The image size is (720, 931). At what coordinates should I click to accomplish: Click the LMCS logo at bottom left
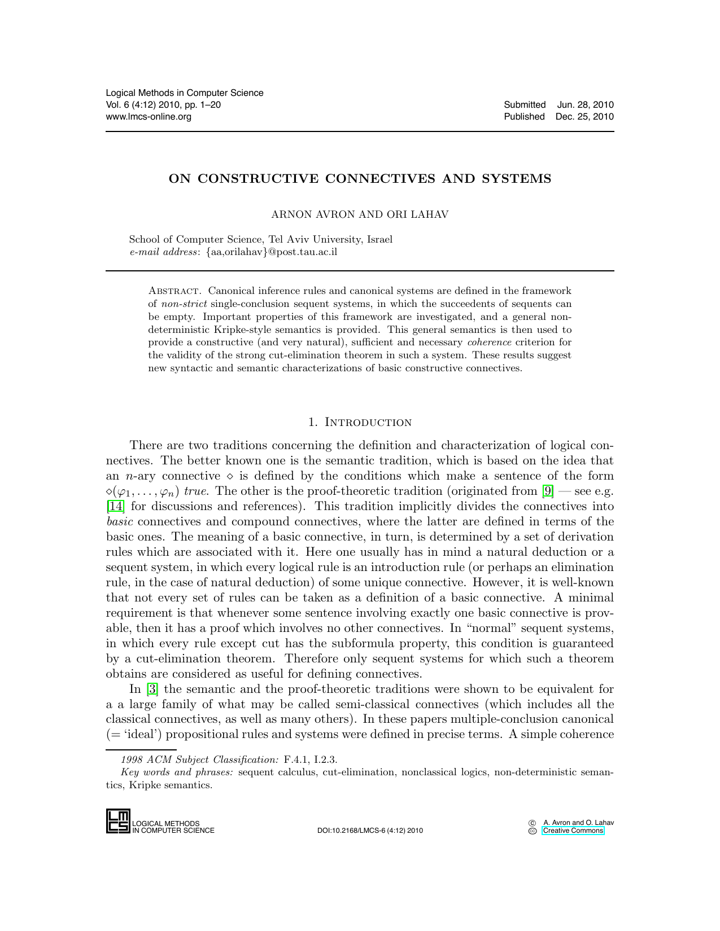point(118,821)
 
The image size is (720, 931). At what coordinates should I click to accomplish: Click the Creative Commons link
point(573,831)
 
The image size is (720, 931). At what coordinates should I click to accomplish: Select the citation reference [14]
point(115,506)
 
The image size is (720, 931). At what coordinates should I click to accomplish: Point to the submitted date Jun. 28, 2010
point(585,104)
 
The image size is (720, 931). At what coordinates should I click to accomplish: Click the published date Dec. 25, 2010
point(584,116)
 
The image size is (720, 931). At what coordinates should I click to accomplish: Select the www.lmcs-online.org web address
point(149,116)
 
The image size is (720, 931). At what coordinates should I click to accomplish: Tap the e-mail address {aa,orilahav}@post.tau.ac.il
point(272,252)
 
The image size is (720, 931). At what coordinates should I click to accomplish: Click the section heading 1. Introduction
point(360,423)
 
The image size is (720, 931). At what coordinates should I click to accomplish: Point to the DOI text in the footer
point(370,831)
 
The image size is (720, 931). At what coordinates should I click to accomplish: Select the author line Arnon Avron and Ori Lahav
point(360,214)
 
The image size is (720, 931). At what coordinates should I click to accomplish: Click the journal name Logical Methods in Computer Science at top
point(185,93)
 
